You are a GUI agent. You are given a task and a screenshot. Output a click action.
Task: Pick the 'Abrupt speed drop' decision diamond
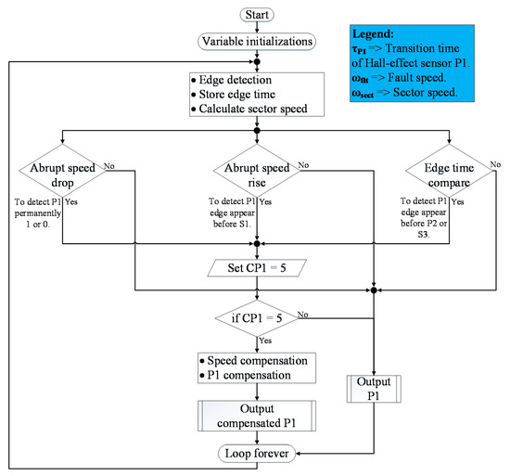(62, 177)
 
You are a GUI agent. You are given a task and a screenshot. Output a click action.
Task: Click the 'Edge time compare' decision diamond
(448, 177)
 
